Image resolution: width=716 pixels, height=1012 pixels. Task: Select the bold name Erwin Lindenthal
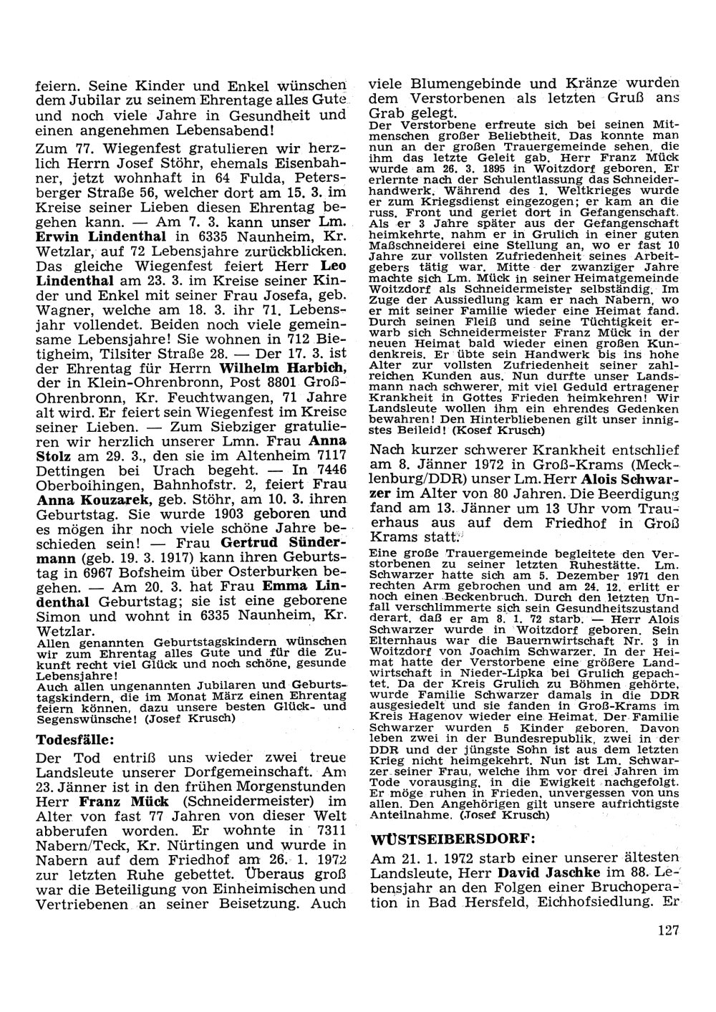point(100,236)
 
